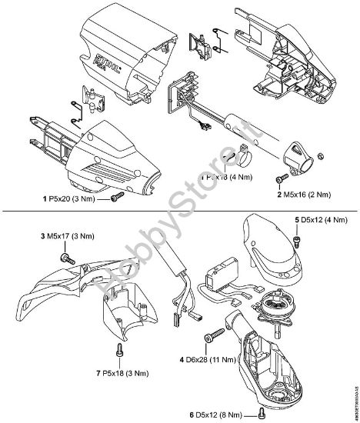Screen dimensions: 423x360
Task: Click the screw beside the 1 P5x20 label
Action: [x=116, y=198]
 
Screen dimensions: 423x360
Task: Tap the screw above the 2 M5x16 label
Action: [x=277, y=178]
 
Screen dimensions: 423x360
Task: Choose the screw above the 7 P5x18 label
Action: [x=118, y=351]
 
